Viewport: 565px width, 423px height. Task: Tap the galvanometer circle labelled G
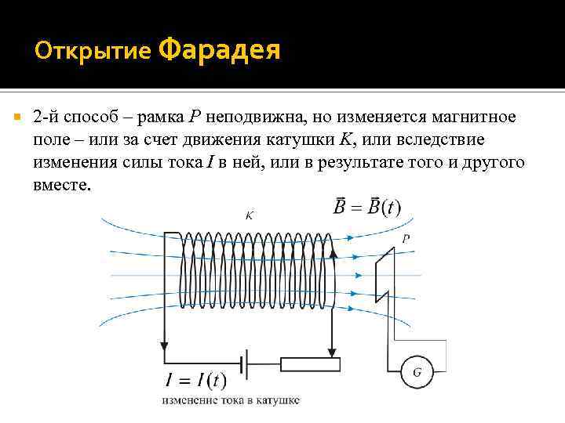tap(417, 371)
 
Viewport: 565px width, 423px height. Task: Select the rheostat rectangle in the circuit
tap(311, 363)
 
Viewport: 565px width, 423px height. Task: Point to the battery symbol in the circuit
tap(250, 363)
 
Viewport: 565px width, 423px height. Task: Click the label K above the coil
tap(249, 214)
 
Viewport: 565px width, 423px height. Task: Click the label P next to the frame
tap(406, 239)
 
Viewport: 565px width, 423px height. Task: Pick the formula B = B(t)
tap(366, 208)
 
